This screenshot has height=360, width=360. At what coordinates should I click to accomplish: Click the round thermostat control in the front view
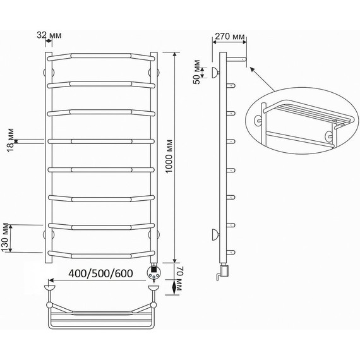[x=153, y=273]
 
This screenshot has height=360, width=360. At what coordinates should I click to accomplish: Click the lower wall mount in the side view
[x=214, y=235]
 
